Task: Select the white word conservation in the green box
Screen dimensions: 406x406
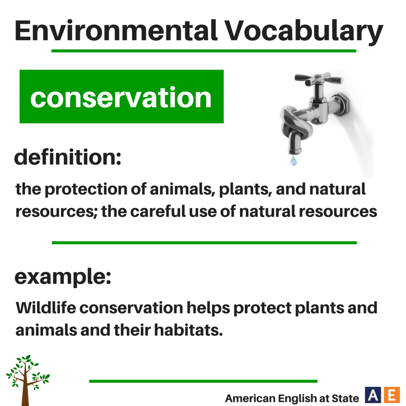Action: pyautogui.click(x=121, y=97)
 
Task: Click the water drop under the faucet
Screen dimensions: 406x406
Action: pyautogui.click(x=293, y=161)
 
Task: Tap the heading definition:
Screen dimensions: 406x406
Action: pyautogui.click(x=68, y=157)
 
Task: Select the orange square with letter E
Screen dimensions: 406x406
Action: pyautogui.click(x=391, y=395)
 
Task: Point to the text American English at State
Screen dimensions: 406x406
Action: pyautogui.click(x=292, y=397)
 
